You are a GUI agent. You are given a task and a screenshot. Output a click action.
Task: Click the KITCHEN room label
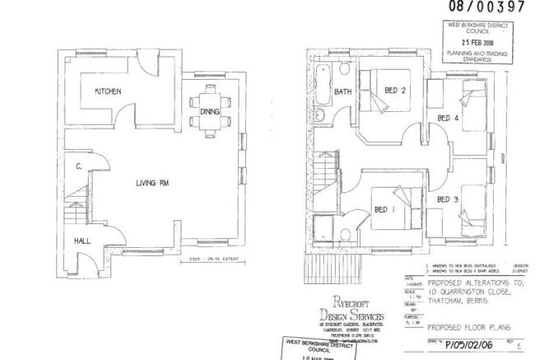click(x=109, y=91)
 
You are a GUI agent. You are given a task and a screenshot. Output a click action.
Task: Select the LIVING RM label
click(x=152, y=183)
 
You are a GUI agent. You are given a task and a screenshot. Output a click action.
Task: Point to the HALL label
click(x=82, y=241)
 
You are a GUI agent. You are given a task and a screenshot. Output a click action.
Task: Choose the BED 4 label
click(x=448, y=119)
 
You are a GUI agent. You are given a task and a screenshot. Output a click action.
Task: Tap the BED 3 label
click(x=448, y=199)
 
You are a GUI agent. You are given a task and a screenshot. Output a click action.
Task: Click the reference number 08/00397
click(x=485, y=7)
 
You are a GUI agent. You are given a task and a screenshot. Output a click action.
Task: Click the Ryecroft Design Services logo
click(x=351, y=313)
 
